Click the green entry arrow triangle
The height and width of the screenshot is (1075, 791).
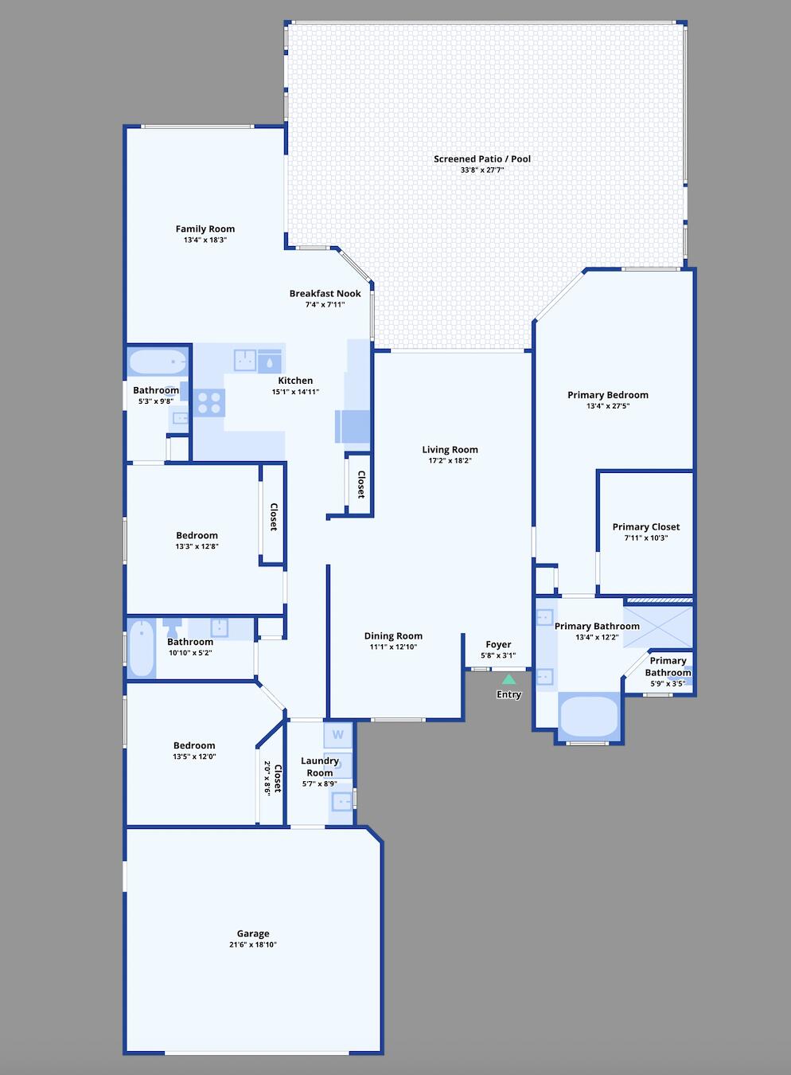click(x=509, y=679)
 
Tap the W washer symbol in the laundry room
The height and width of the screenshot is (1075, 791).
click(x=337, y=734)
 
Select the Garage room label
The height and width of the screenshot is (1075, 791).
click(x=253, y=933)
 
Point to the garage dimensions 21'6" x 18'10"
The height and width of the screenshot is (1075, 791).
click(x=253, y=945)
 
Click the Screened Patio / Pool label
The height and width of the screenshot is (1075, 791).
click(x=482, y=159)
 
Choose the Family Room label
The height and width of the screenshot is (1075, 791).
click(x=205, y=229)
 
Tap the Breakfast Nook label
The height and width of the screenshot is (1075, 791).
click(x=325, y=293)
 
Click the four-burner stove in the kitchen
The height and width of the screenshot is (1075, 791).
click(x=209, y=402)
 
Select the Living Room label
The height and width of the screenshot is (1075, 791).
click(x=450, y=449)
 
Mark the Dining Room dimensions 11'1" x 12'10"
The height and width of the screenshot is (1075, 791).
click(x=393, y=647)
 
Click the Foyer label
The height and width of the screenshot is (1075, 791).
click(x=498, y=644)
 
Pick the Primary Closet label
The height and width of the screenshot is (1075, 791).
click(x=645, y=526)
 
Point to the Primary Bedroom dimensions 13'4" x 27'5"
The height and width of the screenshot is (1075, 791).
click(x=607, y=406)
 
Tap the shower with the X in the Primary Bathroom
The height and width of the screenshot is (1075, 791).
click(x=658, y=626)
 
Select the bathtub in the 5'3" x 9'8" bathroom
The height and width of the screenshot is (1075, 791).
click(x=158, y=363)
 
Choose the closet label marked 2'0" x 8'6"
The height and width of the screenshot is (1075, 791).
click(x=273, y=778)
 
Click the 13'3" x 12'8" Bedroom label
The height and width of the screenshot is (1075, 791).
click(x=197, y=535)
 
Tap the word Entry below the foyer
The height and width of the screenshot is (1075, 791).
click(x=509, y=694)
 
